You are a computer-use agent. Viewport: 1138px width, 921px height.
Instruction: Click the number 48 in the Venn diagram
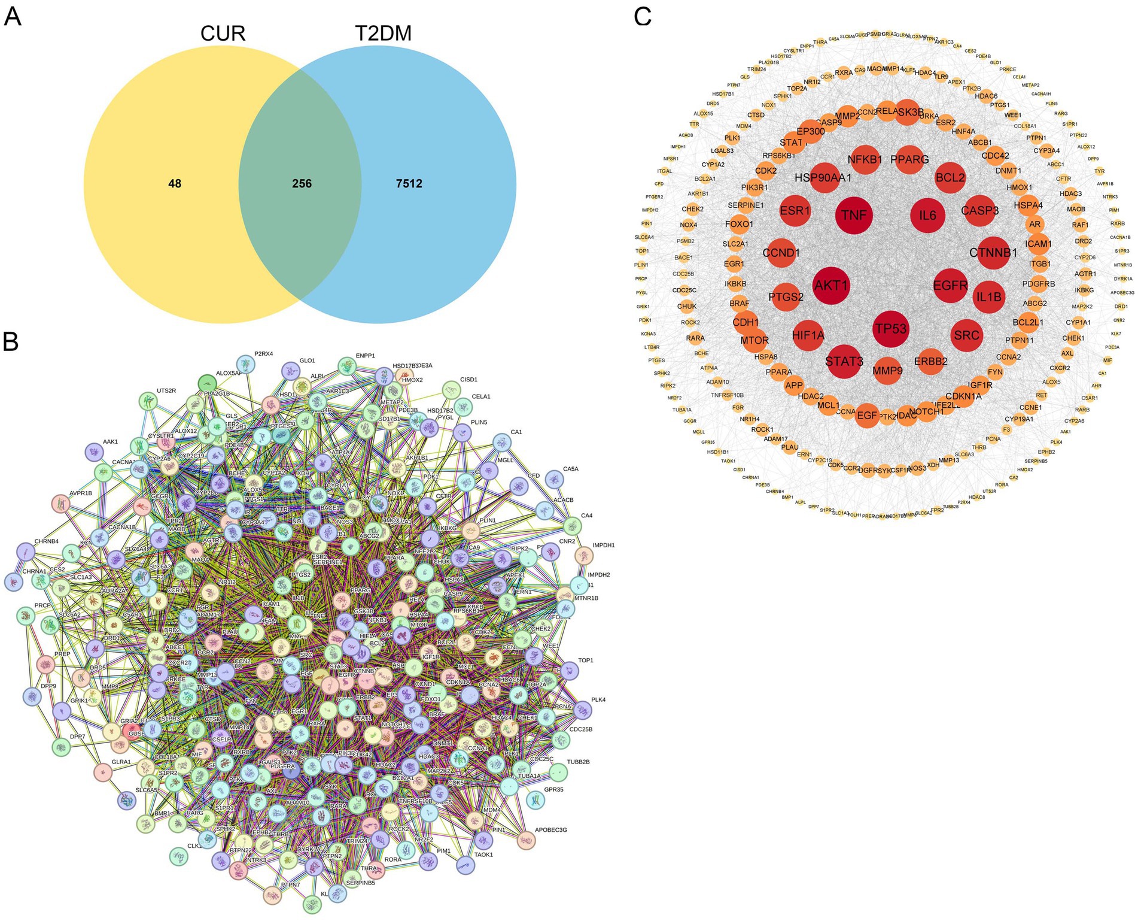click(175, 184)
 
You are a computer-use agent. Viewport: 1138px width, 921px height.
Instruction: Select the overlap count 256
click(302, 184)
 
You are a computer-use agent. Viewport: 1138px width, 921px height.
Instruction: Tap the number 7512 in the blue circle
click(409, 184)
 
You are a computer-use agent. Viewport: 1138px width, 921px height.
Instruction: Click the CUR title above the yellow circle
click(223, 34)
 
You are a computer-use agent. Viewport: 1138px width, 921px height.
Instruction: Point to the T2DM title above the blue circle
click(383, 34)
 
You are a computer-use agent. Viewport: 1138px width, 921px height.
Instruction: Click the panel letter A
click(13, 16)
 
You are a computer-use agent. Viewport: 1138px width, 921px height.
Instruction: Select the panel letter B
click(11, 341)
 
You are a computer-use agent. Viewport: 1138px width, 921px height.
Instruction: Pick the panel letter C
click(643, 16)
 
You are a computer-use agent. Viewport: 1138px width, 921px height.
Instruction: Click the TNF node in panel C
click(854, 216)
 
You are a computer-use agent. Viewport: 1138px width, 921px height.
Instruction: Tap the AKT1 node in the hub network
click(832, 286)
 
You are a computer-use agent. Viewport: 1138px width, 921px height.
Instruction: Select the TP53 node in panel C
click(891, 329)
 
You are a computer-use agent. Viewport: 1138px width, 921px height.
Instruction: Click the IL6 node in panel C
click(927, 216)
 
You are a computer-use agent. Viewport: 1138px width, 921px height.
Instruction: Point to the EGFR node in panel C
click(950, 286)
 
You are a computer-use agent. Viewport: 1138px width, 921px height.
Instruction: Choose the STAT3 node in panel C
click(844, 362)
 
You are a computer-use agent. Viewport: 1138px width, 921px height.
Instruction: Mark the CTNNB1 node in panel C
click(993, 253)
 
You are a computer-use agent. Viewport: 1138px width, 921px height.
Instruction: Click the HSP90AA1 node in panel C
click(823, 178)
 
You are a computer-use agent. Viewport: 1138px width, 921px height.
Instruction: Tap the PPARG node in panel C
click(909, 160)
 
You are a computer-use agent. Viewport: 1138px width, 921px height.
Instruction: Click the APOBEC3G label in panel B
click(550, 830)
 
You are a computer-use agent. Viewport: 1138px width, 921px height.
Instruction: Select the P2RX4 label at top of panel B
click(263, 354)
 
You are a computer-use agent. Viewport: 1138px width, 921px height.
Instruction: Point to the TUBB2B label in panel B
click(578, 762)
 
